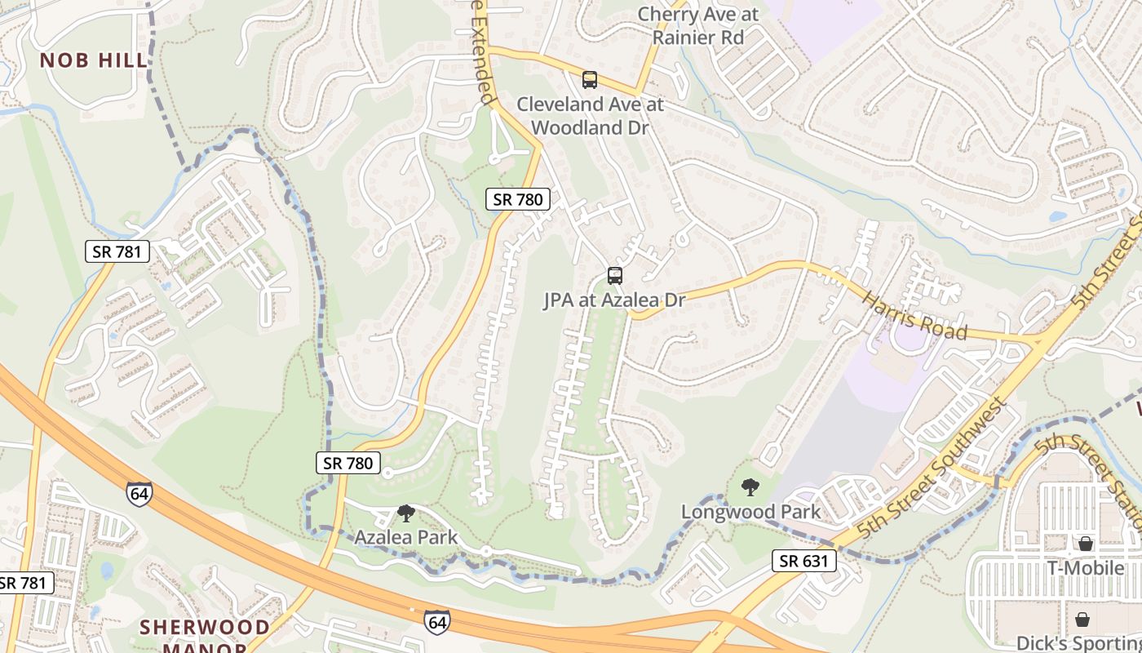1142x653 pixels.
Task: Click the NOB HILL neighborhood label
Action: pyautogui.click(x=94, y=60)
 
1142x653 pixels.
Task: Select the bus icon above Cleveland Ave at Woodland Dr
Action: pyautogui.click(x=589, y=80)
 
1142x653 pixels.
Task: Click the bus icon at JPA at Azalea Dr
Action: pyautogui.click(x=615, y=276)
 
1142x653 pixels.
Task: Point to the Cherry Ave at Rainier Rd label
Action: pyautogui.click(x=697, y=25)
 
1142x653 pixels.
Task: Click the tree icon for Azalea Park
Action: pyautogui.click(x=405, y=513)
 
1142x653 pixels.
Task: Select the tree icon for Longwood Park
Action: pyautogui.click(x=750, y=488)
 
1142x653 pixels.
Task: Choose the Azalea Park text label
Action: pyautogui.click(x=405, y=538)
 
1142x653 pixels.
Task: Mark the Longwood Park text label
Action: pyautogui.click(x=751, y=513)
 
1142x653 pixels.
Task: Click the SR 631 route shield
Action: pyautogui.click(x=804, y=561)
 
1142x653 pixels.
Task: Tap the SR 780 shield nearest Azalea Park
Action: pyautogui.click(x=348, y=464)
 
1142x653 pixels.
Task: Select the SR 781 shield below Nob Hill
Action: pyautogui.click(x=117, y=251)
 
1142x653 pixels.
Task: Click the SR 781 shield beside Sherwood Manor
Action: pyautogui.click(x=24, y=583)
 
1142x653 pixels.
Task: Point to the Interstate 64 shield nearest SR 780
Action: pyautogui.click(x=139, y=494)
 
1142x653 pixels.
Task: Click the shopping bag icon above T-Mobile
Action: pyautogui.click(x=1086, y=544)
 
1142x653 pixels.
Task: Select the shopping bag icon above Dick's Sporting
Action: pyautogui.click(x=1082, y=620)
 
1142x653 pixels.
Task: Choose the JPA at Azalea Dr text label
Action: pyautogui.click(x=614, y=300)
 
